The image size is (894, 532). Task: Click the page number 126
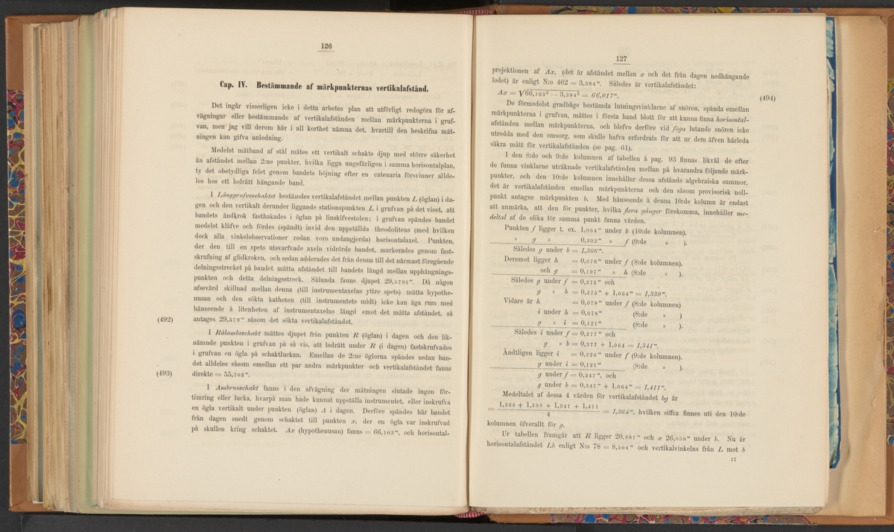click(326, 45)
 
